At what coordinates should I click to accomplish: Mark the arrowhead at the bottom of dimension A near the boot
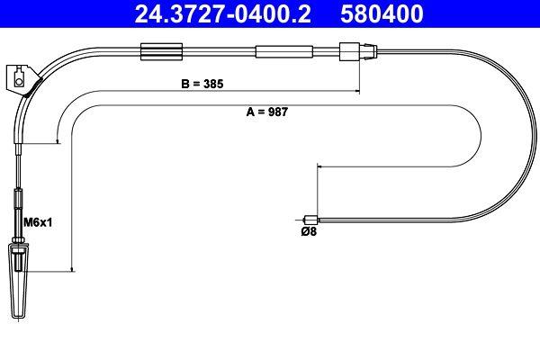[71, 267]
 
